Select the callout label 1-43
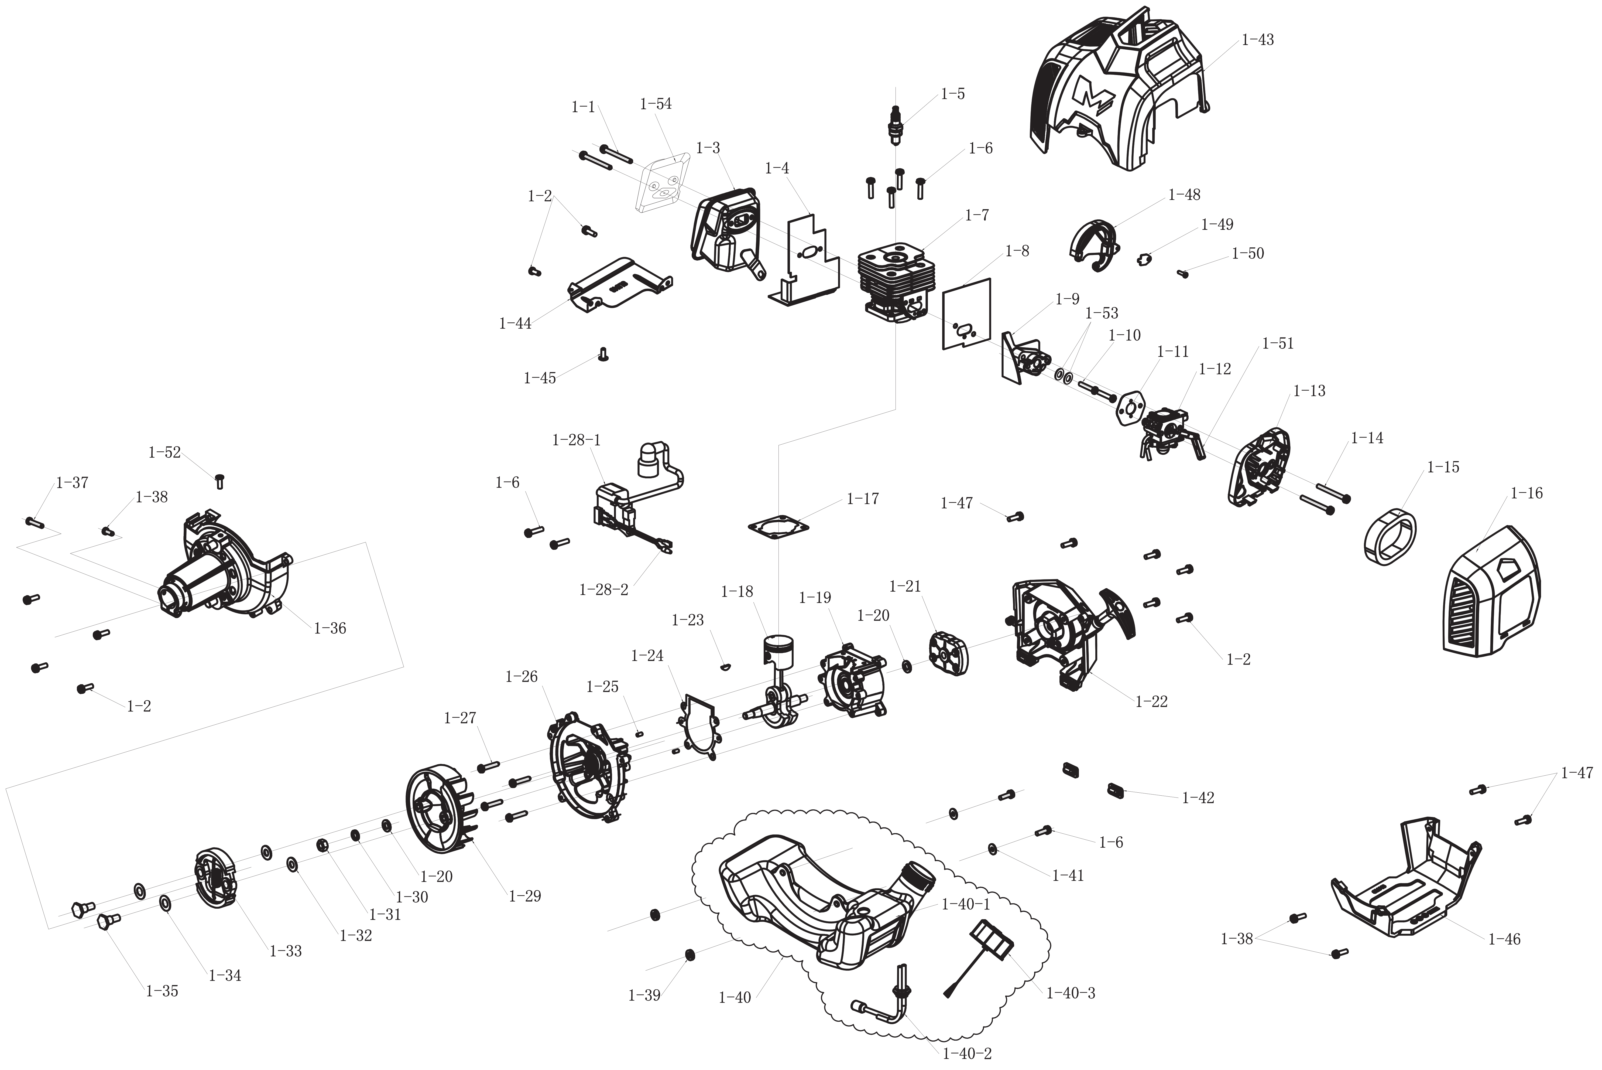coord(1257,40)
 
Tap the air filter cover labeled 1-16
coord(1491,592)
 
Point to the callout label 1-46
coord(1504,939)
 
